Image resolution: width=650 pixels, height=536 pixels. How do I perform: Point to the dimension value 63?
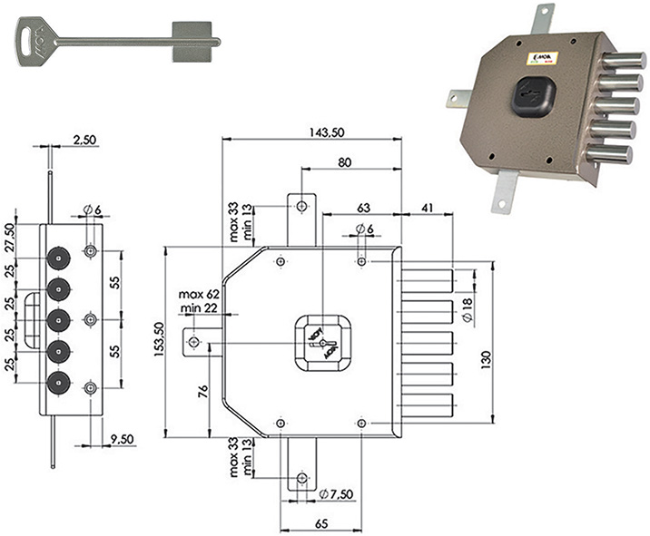[361, 207]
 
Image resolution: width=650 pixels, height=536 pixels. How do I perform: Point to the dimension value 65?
[320, 524]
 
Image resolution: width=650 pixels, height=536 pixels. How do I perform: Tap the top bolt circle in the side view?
[58, 259]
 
